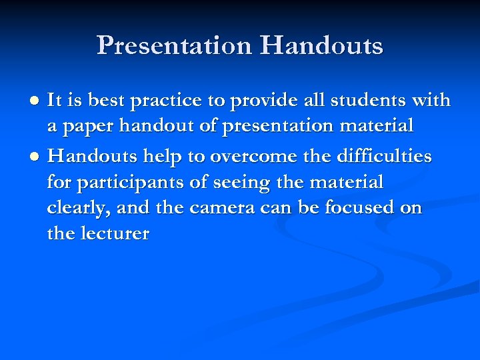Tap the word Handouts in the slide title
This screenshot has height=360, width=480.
pyautogui.click(x=322, y=46)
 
